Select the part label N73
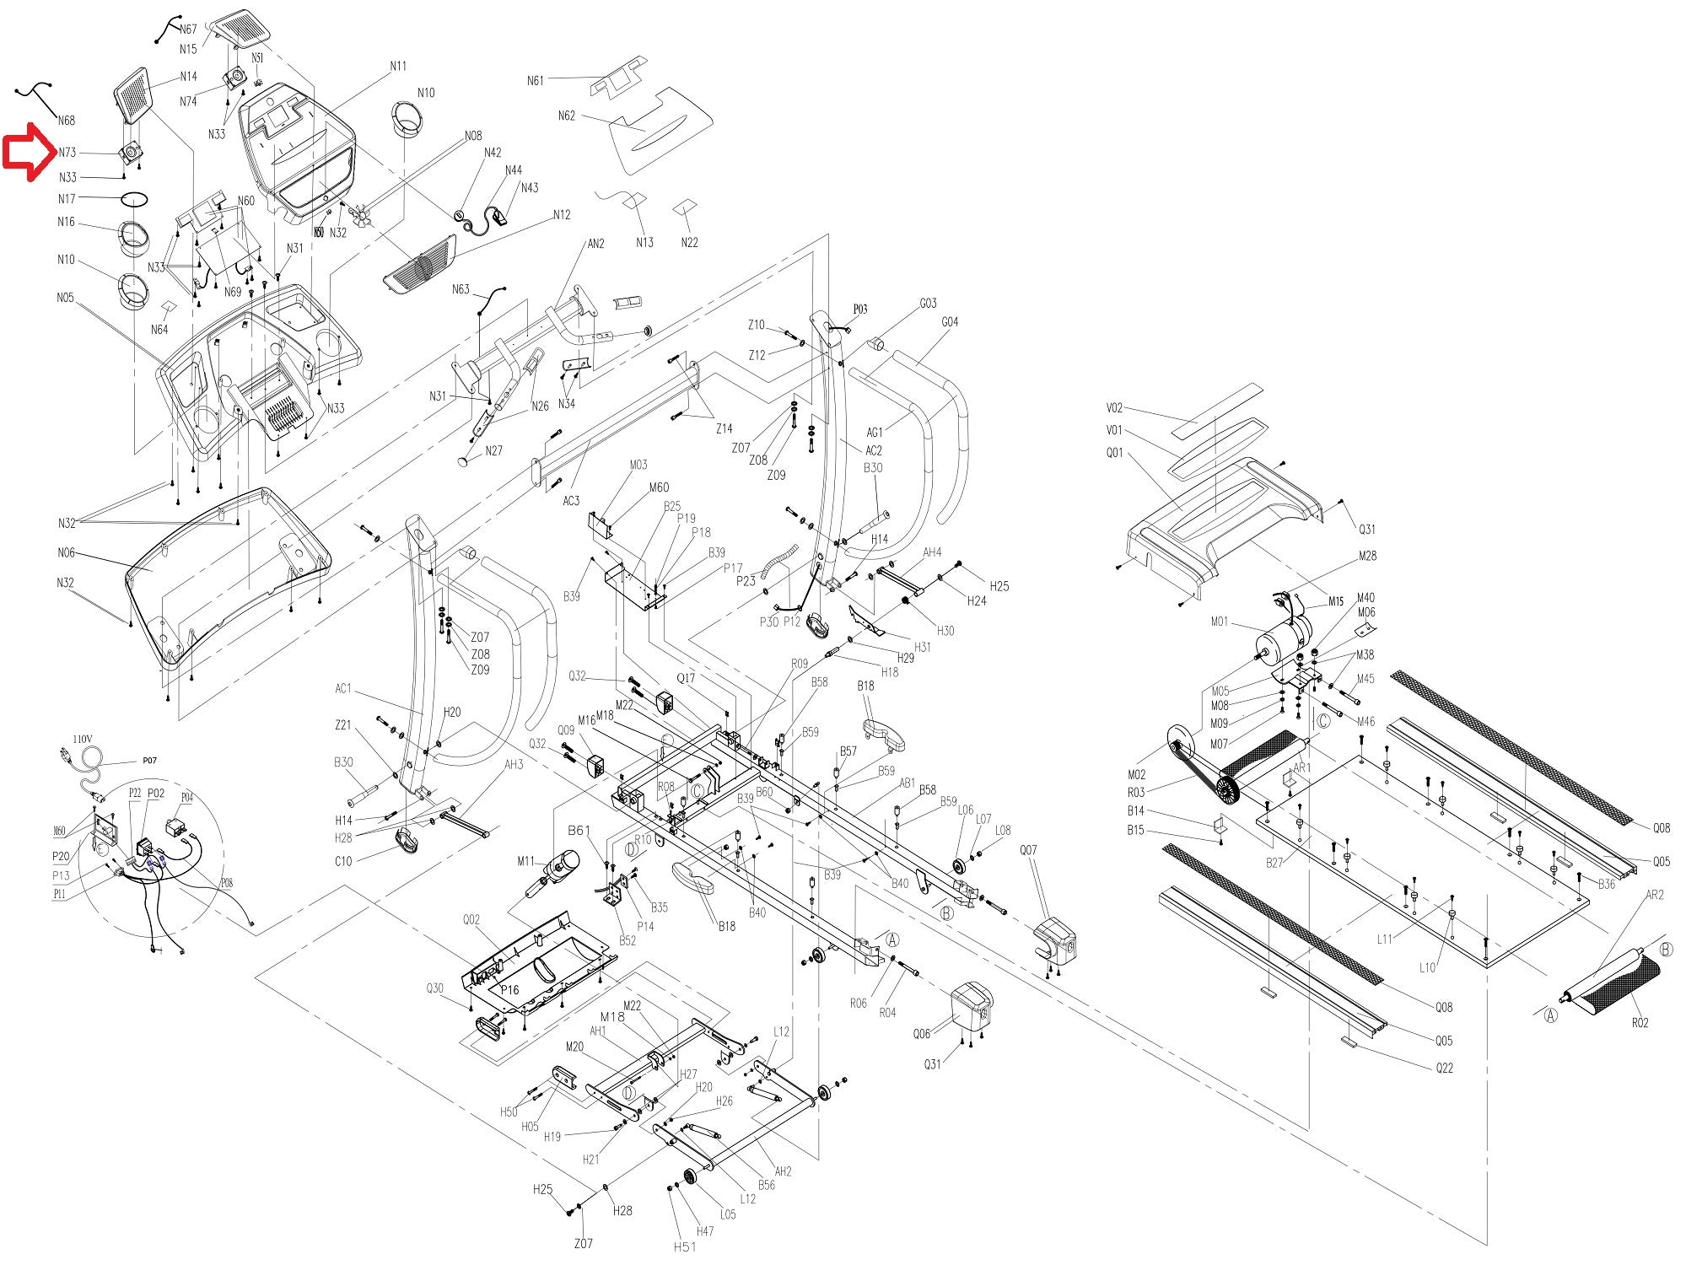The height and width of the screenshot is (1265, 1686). [67, 153]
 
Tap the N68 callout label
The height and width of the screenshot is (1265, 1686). [67, 121]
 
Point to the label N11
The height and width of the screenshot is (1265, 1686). [398, 66]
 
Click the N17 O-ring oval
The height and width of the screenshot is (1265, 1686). [135, 199]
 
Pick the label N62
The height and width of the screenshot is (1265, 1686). [567, 116]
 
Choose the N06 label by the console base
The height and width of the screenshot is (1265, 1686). [66, 552]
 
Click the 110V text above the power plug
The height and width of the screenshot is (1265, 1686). [83, 739]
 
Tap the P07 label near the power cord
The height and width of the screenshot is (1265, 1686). [149, 761]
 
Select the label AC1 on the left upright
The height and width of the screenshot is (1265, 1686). [343, 688]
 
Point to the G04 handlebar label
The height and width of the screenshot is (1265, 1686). [950, 322]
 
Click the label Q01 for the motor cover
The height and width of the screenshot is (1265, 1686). [1115, 453]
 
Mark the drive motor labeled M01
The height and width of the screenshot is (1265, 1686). [1286, 641]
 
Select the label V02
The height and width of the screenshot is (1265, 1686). [1115, 408]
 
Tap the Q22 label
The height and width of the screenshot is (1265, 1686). [1445, 1068]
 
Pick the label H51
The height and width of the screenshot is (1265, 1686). [685, 1246]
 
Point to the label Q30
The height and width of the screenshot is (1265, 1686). [434, 988]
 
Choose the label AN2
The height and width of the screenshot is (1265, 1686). [595, 244]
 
